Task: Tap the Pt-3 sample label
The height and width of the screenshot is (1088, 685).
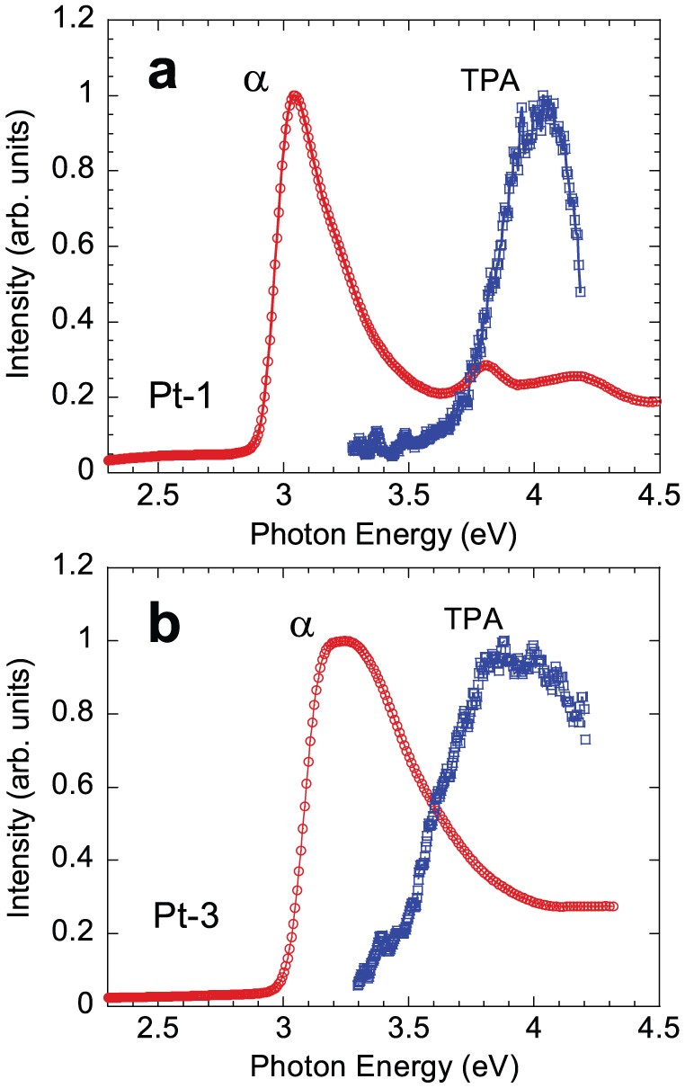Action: [182, 918]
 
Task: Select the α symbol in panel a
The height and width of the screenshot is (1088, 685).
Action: [257, 81]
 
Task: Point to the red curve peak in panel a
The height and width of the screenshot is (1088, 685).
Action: [294, 96]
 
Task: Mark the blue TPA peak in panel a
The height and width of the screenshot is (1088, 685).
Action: [542, 96]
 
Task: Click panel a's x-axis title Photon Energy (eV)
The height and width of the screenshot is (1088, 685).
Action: [385, 534]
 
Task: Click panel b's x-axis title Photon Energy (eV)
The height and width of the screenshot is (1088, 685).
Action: [385, 1066]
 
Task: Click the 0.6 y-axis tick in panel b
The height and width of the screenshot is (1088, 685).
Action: [70, 787]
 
